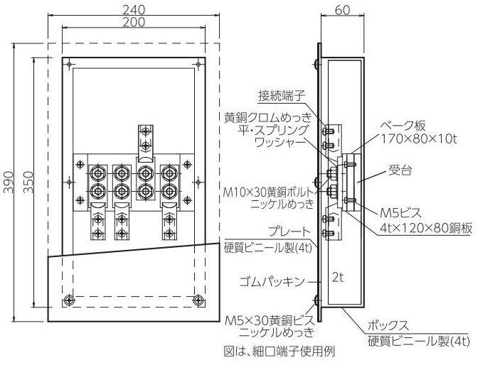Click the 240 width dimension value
point(134,10)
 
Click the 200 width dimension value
point(134,22)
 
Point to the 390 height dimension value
point(9,182)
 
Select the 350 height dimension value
point(28,182)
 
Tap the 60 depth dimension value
point(342,10)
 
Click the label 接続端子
point(282,96)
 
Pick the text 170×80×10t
point(418,139)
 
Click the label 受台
point(400,170)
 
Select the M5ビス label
point(400,213)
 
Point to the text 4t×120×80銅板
point(426,228)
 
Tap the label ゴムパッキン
point(272,281)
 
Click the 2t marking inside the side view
point(338,278)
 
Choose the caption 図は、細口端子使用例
point(279,351)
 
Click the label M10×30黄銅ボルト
point(269,192)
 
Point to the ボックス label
point(388,326)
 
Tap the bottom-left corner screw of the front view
point(69,300)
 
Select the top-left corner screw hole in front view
point(69,64)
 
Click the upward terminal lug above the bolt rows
point(145,143)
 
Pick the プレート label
point(289,231)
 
